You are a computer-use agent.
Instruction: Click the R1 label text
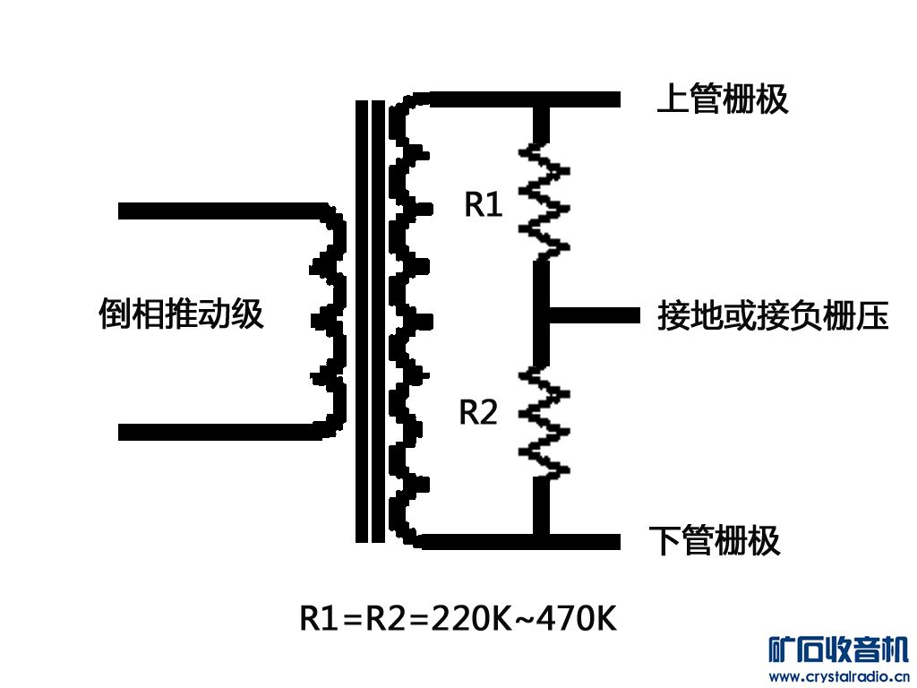tap(484, 205)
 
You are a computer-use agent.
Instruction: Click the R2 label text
tap(478, 413)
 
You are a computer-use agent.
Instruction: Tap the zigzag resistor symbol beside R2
tap(543, 420)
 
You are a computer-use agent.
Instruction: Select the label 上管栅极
tap(722, 99)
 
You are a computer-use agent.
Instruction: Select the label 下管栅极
tap(714, 541)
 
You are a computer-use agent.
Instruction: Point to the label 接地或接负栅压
tap(772, 315)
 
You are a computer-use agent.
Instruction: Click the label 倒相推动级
tap(181, 314)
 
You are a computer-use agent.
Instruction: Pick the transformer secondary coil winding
tap(408, 320)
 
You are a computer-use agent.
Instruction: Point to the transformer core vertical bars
tap(370, 320)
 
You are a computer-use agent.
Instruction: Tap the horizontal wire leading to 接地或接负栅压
tap(596, 315)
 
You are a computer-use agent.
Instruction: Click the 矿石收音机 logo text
tap(838, 649)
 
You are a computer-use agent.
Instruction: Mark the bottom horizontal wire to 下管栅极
tap(519, 541)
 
